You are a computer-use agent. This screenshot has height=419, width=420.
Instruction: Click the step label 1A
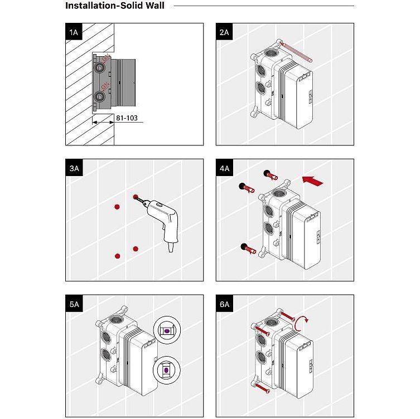click(x=74, y=32)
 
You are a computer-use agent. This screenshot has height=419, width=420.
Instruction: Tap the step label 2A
click(x=224, y=32)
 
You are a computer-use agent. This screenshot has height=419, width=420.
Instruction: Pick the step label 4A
click(x=224, y=168)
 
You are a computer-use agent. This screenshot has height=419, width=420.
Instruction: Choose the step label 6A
click(x=224, y=304)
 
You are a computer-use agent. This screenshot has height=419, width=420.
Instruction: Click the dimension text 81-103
click(x=125, y=118)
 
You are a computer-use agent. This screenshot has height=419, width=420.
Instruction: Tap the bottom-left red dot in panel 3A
click(x=117, y=256)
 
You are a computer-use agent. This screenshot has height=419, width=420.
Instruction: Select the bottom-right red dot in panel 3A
click(x=135, y=248)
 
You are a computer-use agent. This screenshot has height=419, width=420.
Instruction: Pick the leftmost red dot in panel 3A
click(x=117, y=207)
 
